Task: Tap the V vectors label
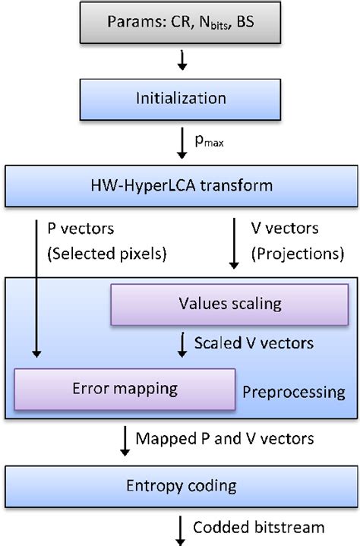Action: click(286, 226)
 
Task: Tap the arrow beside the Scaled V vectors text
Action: click(182, 344)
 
